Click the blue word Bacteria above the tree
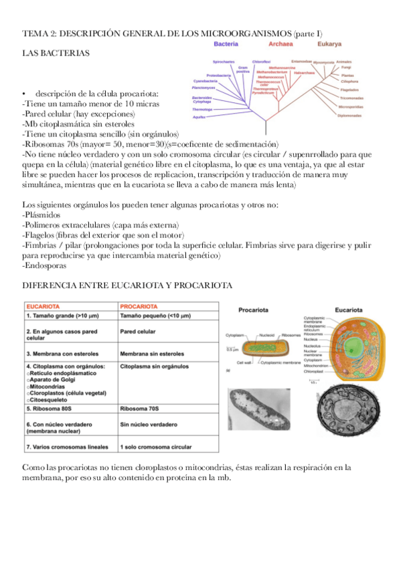226,43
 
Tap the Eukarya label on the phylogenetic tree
328,43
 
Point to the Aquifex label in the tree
199,117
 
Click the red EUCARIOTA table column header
44,306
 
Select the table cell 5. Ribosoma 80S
53,408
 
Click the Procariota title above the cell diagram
258,310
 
